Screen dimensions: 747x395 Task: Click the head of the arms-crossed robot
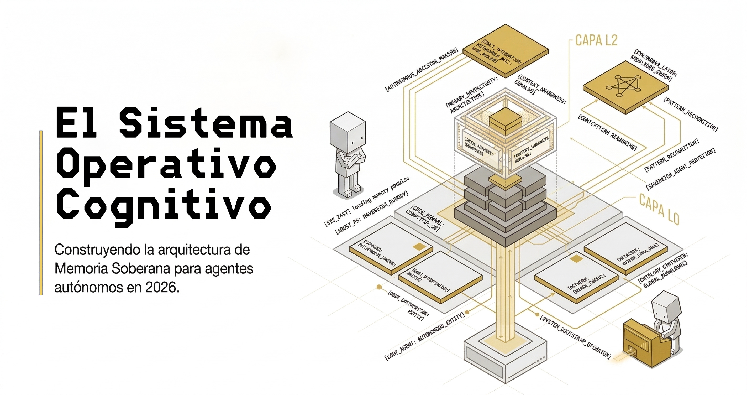tap(348, 132)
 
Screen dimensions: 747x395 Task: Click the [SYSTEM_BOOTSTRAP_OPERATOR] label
tap(575, 336)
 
